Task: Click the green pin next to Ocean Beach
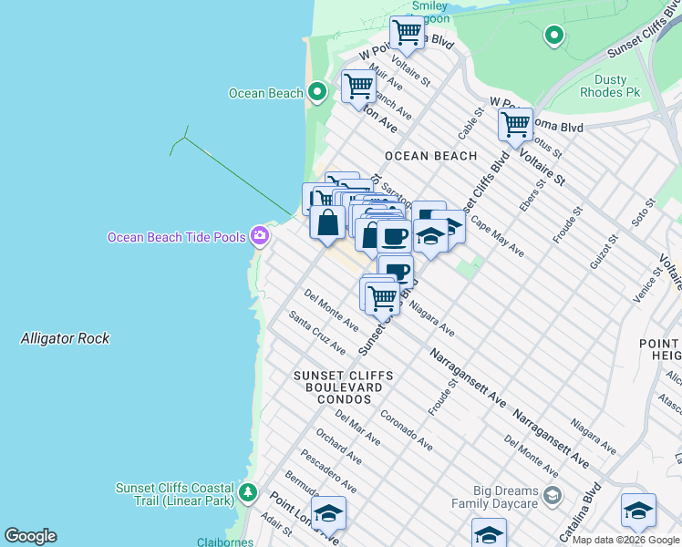(x=316, y=92)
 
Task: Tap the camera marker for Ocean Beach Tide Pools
(x=261, y=236)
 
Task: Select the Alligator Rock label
(x=65, y=338)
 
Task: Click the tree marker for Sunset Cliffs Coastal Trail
(x=247, y=493)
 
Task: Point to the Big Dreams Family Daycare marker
(x=552, y=496)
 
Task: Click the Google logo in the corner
(x=30, y=536)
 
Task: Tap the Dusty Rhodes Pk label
(x=610, y=87)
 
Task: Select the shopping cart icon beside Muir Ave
(x=358, y=87)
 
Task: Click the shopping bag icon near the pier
(x=326, y=222)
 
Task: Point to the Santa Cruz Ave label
(x=317, y=333)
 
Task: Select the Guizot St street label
(x=603, y=251)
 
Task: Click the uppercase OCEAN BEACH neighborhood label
(x=430, y=156)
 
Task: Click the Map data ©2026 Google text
(x=625, y=540)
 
